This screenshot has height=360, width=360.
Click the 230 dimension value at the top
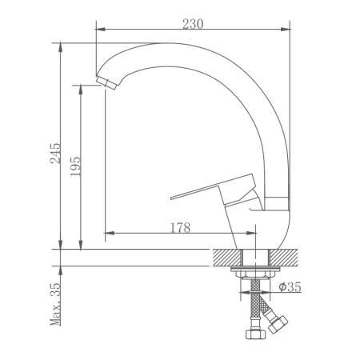[192, 23]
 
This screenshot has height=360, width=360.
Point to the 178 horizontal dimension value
[180, 228]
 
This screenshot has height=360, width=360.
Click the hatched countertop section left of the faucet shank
[228, 257]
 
